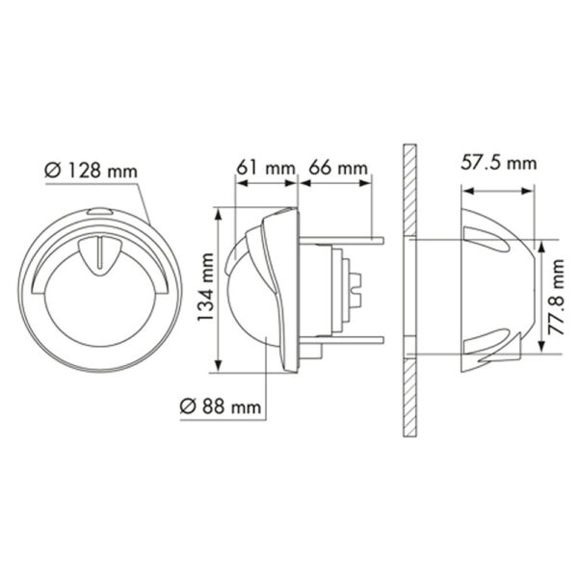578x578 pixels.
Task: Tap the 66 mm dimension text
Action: [x=336, y=169]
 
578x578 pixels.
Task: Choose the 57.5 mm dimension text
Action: [x=497, y=164]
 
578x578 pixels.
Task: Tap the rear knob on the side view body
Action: [x=357, y=287]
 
